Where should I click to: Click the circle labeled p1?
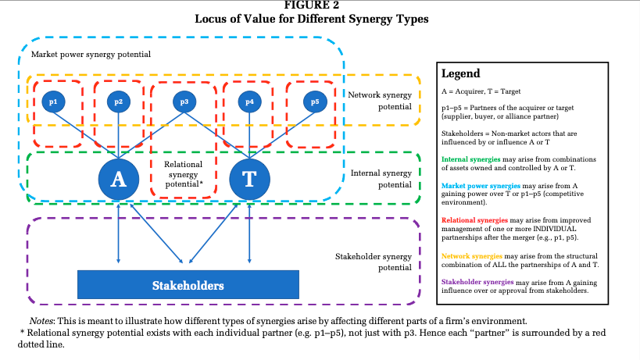coord(53,102)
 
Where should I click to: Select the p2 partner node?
coord(119,102)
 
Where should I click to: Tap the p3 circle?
coord(184,102)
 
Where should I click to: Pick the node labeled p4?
coord(249,102)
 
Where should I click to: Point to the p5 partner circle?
coord(315,102)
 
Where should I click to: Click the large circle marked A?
coord(119,179)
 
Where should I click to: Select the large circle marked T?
coord(249,179)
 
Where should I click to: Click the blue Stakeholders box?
coord(188,285)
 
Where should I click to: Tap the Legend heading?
coord(461,74)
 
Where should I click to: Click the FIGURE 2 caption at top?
coord(321,5)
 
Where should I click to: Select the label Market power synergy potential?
coord(91,55)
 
